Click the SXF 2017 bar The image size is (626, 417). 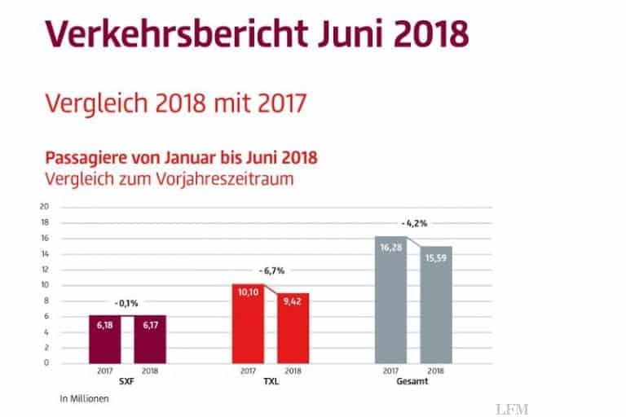(104, 339)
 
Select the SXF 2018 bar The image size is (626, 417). (149, 339)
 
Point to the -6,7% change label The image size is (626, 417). (271, 270)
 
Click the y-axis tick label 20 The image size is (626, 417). (45, 207)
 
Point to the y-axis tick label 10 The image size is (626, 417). (45, 285)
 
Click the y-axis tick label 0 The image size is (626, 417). (47, 362)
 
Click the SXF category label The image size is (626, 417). (126, 380)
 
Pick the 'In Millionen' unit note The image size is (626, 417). (84, 399)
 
